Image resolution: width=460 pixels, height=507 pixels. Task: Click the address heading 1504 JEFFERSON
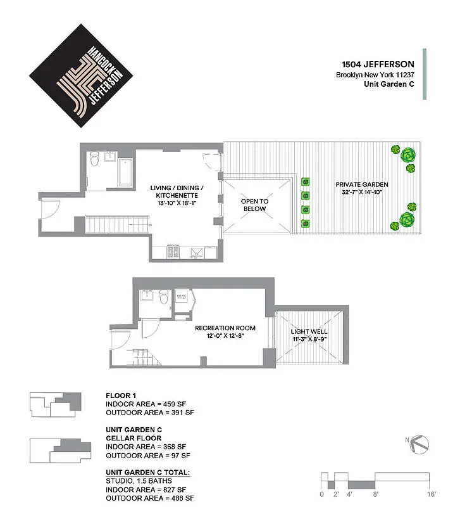tap(378, 64)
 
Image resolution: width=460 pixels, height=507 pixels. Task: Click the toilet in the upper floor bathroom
tap(95, 161)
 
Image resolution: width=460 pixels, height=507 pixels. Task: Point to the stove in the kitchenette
tap(173, 252)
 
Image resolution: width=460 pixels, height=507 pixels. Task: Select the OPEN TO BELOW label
tap(255, 205)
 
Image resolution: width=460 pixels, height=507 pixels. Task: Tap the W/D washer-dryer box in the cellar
tap(182, 297)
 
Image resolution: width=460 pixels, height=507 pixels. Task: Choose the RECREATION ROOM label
tap(225, 328)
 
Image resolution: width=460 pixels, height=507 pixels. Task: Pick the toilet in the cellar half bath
tap(163, 297)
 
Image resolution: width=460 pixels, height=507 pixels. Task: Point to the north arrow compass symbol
tap(421, 443)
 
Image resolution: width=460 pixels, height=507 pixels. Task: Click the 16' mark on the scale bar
tap(431, 494)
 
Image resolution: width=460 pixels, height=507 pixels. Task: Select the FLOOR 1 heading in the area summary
tap(121, 394)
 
